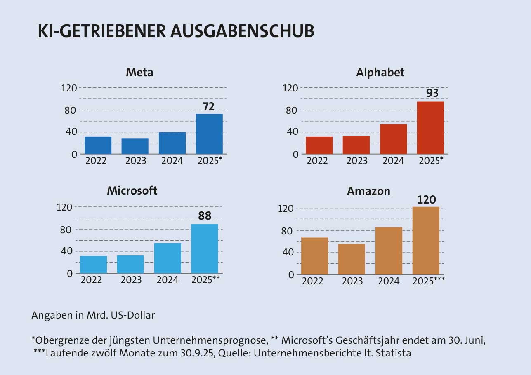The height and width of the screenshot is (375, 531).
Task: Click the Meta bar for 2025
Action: (x=209, y=134)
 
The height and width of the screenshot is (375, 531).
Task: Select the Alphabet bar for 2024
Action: (x=393, y=139)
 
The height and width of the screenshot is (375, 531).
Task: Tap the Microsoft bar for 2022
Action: (x=93, y=265)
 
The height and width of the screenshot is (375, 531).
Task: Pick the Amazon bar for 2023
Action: (x=352, y=259)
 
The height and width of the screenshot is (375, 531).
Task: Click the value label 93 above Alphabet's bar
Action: (x=432, y=93)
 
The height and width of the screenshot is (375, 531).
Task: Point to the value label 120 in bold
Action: (x=427, y=200)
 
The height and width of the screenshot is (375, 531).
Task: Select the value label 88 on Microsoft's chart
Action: (x=205, y=216)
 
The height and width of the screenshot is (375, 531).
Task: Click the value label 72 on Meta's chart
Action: (x=209, y=107)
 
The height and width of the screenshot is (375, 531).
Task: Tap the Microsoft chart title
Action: (x=132, y=191)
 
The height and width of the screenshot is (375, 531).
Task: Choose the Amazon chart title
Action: (x=368, y=191)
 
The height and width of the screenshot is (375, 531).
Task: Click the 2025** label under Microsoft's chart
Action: (x=205, y=280)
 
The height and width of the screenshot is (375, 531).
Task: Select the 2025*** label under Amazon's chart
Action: (x=429, y=281)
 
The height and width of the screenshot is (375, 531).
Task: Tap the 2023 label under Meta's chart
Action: (x=135, y=161)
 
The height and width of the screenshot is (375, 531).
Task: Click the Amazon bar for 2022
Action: (x=314, y=256)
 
